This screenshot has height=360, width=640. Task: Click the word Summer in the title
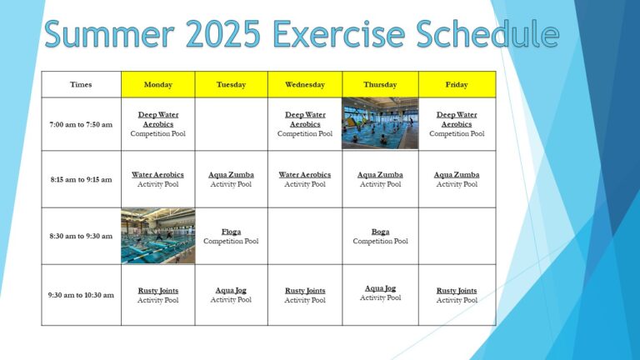[x=110, y=33]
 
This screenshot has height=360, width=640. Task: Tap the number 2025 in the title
[x=222, y=33]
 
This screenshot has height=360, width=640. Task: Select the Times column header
[x=81, y=84]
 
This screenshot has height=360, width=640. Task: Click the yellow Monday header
[x=158, y=84]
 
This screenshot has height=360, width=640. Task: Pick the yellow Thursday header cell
[x=380, y=84]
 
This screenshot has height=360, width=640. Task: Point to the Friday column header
[x=457, y=84]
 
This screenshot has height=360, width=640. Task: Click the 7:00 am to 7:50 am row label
[x=81, y=124]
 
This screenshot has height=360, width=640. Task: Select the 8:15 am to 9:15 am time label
[x=81, y=180]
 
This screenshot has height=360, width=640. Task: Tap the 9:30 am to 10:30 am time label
[x=81, y=295]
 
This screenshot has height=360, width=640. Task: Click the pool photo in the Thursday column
[x=380, y=123]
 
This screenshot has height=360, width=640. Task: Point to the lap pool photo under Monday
[x=158, y=236]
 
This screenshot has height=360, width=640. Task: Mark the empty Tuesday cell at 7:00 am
[x=232, y=124]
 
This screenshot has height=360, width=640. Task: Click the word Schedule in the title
[x=487, y=33]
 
